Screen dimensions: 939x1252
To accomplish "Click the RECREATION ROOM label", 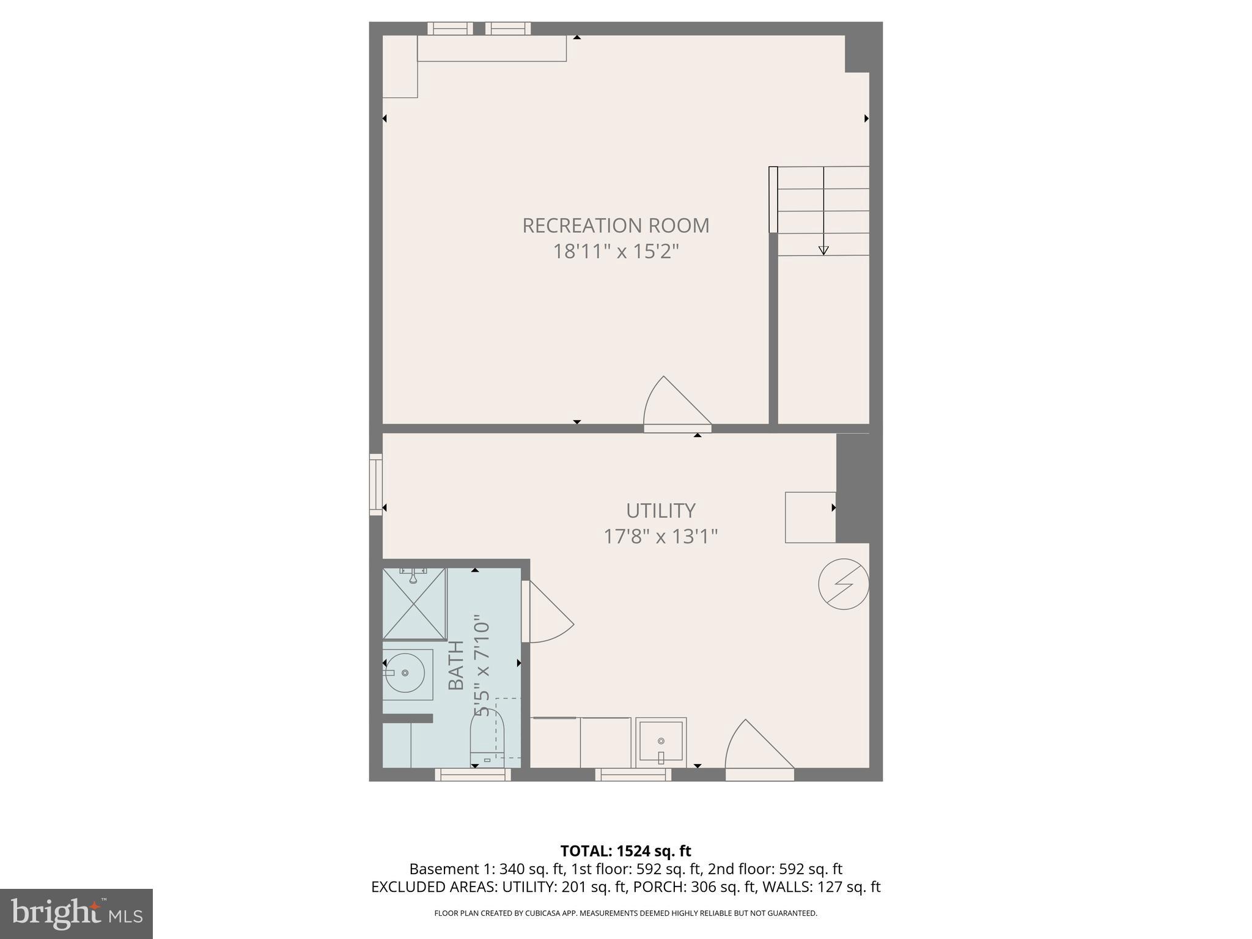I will pyautogui.click(x=616, y=226).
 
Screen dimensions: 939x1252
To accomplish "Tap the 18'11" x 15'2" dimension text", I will pyautogui.click(x=616, y=251).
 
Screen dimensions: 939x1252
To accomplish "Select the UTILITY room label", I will pyautogui.click(x=660, y=510).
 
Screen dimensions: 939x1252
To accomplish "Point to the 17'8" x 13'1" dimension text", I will pyautogui.click(x=660, y=537).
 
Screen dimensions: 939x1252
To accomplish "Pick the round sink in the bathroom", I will pyautogui.click(x=405, y=672).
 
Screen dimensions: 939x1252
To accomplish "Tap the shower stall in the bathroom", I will pyautogui.click(x=414, y=603).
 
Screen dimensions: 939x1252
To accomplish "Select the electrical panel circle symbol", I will pyautogui.click(x=844, y=584).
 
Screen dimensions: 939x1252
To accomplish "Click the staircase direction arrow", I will pyautogui.click(x=823, y=249).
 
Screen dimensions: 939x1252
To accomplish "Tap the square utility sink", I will pyautogui.click(x=661, y=742).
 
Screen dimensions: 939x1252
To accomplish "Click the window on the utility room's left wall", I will pyautogui.click(x=375, y=484).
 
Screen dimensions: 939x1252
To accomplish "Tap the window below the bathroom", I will pyautogui.click(x=473, y=775).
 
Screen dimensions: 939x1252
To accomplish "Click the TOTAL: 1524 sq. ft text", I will pyautogui.click(x=625, y=851).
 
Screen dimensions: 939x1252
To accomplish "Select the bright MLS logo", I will pyautogui.click(x=76, y=913).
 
